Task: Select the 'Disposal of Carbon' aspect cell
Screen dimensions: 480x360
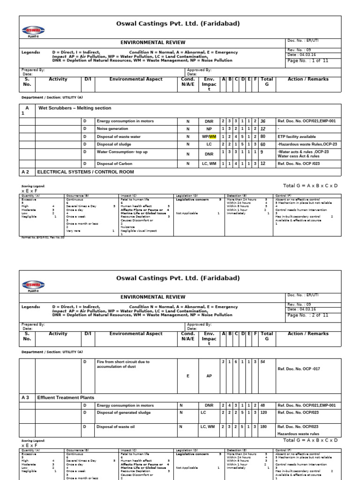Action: point(114,164)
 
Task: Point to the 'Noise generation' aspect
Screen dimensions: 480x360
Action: point(112,129)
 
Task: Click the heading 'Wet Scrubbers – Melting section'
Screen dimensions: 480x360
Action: point(75,108)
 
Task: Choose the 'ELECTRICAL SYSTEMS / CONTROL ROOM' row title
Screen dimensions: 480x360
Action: point(85,172)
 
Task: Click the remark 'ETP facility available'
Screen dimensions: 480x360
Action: point(297,137)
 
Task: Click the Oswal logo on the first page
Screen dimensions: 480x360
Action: point(32,31)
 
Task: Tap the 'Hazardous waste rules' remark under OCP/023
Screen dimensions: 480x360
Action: point(299,435)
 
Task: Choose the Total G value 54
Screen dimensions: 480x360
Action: point(263,362)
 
